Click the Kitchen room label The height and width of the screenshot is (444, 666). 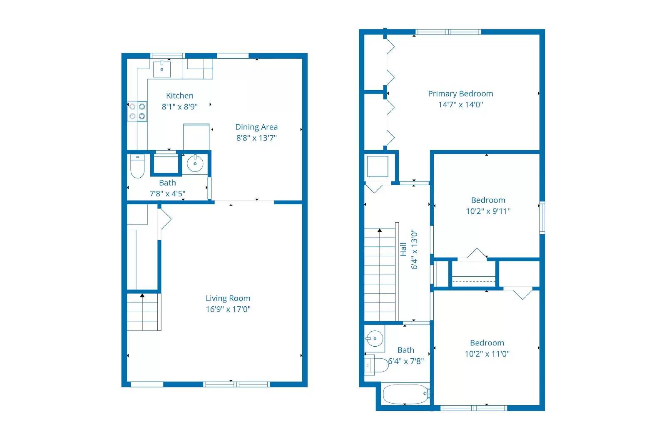click(x=179, y=96)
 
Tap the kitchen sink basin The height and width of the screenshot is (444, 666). click(x=162, y=69)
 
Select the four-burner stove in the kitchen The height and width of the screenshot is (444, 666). click(x=137, y=111)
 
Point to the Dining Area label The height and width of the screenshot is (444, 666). click(x=256, y=127)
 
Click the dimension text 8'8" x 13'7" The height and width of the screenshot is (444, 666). click(x=256, y=138)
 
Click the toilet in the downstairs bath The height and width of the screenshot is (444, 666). click(x=137, y=166)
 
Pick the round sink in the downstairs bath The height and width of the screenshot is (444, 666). click(x=195, y=163)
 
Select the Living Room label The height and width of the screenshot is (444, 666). click(x=228, y=298)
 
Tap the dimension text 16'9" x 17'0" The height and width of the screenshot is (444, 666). click(x=228, y=309)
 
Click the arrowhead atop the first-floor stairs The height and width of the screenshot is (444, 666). click(x=142, y=295)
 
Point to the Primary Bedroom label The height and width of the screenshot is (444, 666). click(x=460, y=94)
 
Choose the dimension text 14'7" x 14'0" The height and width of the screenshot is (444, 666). click(x=460, y=104)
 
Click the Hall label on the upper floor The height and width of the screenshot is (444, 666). click(x=403, y=249)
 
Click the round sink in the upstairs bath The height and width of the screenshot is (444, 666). click(x=375, y=338)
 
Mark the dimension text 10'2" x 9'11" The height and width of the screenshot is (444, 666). click(x=488, y=211)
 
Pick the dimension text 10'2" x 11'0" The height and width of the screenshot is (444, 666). click(x=487, y=354)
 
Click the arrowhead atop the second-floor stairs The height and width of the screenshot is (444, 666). click(x=380, y=230)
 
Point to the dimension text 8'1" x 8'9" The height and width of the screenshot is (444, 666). click(x=179, y=107)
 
